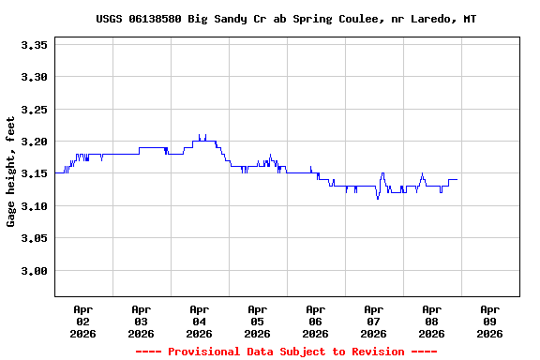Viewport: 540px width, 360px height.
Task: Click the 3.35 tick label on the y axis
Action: [x=34, y=44]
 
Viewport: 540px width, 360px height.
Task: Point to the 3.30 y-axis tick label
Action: [x=34, y=77]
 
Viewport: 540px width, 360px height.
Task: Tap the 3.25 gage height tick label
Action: [x=34, y=110]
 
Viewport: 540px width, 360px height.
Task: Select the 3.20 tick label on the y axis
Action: [x=34, y=142]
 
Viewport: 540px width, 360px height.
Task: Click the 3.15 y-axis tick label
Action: [x=34, y=174]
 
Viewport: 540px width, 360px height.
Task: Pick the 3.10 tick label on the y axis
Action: [x=34, y=206]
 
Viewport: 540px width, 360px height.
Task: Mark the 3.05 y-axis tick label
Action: [x=34, y=239]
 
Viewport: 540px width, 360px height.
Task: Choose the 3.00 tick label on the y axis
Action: [x=34, y=271]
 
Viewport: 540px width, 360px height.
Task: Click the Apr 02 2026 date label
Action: [x=82, y=321]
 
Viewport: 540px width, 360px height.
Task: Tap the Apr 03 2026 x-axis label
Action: [x=141, y=321]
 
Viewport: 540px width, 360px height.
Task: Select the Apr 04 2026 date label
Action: [x=199, y=321]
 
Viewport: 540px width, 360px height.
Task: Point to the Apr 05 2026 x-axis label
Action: [x=257, y=321]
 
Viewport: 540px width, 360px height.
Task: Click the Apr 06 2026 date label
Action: [x=315, y=321]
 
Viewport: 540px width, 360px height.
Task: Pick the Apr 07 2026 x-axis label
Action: [x=373, y=321]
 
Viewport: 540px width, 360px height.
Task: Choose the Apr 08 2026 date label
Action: [x=431, y=321]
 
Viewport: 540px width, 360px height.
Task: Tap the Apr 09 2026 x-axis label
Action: [x=489, y=321]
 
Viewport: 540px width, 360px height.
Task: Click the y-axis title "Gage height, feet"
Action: [x=11, y=172]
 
